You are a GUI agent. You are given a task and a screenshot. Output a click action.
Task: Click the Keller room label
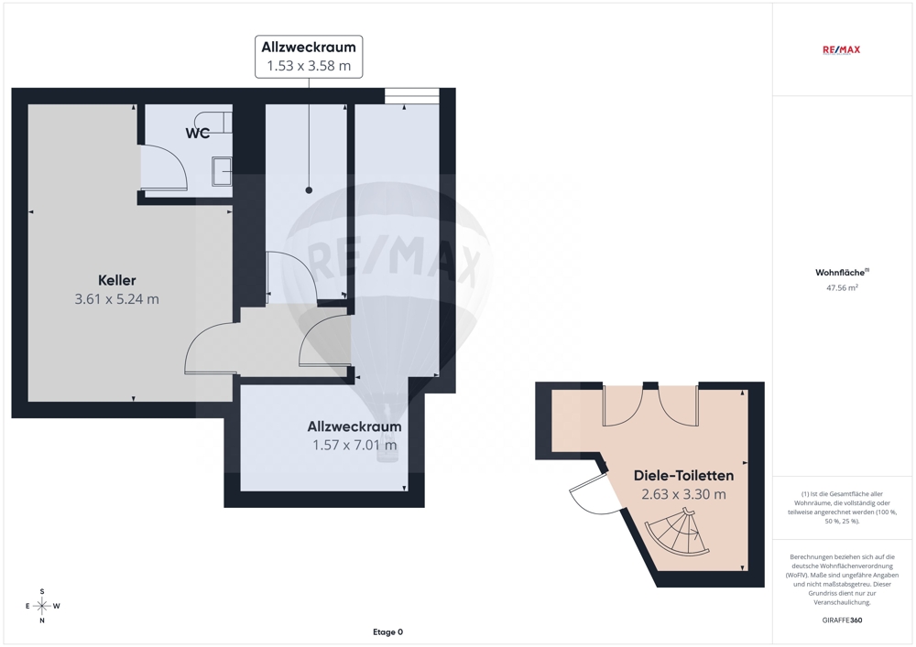[117, 280]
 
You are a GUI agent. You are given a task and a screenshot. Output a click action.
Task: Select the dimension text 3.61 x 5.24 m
[117, 298]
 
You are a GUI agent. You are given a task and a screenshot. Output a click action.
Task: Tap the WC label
[198, 133]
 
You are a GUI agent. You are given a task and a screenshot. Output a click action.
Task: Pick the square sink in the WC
[222, 171]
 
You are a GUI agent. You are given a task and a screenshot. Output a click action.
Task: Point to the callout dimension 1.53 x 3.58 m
[309, 66]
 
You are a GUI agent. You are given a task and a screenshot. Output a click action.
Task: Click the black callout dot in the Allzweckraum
[309, 190]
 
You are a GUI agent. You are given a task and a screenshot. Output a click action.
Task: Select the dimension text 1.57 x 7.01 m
[354, 445]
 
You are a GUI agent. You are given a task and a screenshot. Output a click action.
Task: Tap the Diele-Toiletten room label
[683, 476]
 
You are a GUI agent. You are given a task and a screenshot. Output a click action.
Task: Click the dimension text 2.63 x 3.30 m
[683, 494]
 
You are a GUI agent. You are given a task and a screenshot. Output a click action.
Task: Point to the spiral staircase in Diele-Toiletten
[678, 534]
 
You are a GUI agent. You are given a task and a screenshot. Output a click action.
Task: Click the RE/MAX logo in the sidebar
[841, 49]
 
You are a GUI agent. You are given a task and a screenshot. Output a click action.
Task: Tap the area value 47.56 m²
[842, 287]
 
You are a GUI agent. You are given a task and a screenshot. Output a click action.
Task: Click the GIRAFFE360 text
[842, 620]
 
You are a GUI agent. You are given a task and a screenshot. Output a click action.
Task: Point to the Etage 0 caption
[387, 631]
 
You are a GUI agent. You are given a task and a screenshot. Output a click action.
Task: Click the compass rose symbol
[42, 606]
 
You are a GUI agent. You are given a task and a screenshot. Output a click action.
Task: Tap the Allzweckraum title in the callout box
[309, 47]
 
